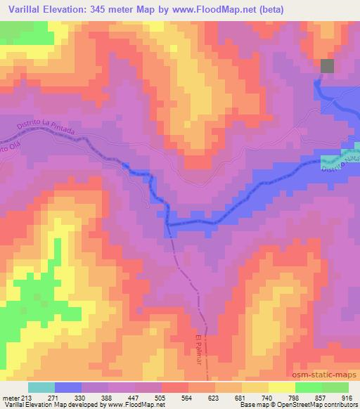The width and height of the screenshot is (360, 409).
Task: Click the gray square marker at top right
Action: pos(328,66)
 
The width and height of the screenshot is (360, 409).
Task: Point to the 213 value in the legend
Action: pos(27,397)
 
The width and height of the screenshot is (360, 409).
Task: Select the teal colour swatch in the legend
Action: pos(41,387)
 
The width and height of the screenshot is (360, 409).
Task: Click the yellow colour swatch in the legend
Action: pos(281,387)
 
